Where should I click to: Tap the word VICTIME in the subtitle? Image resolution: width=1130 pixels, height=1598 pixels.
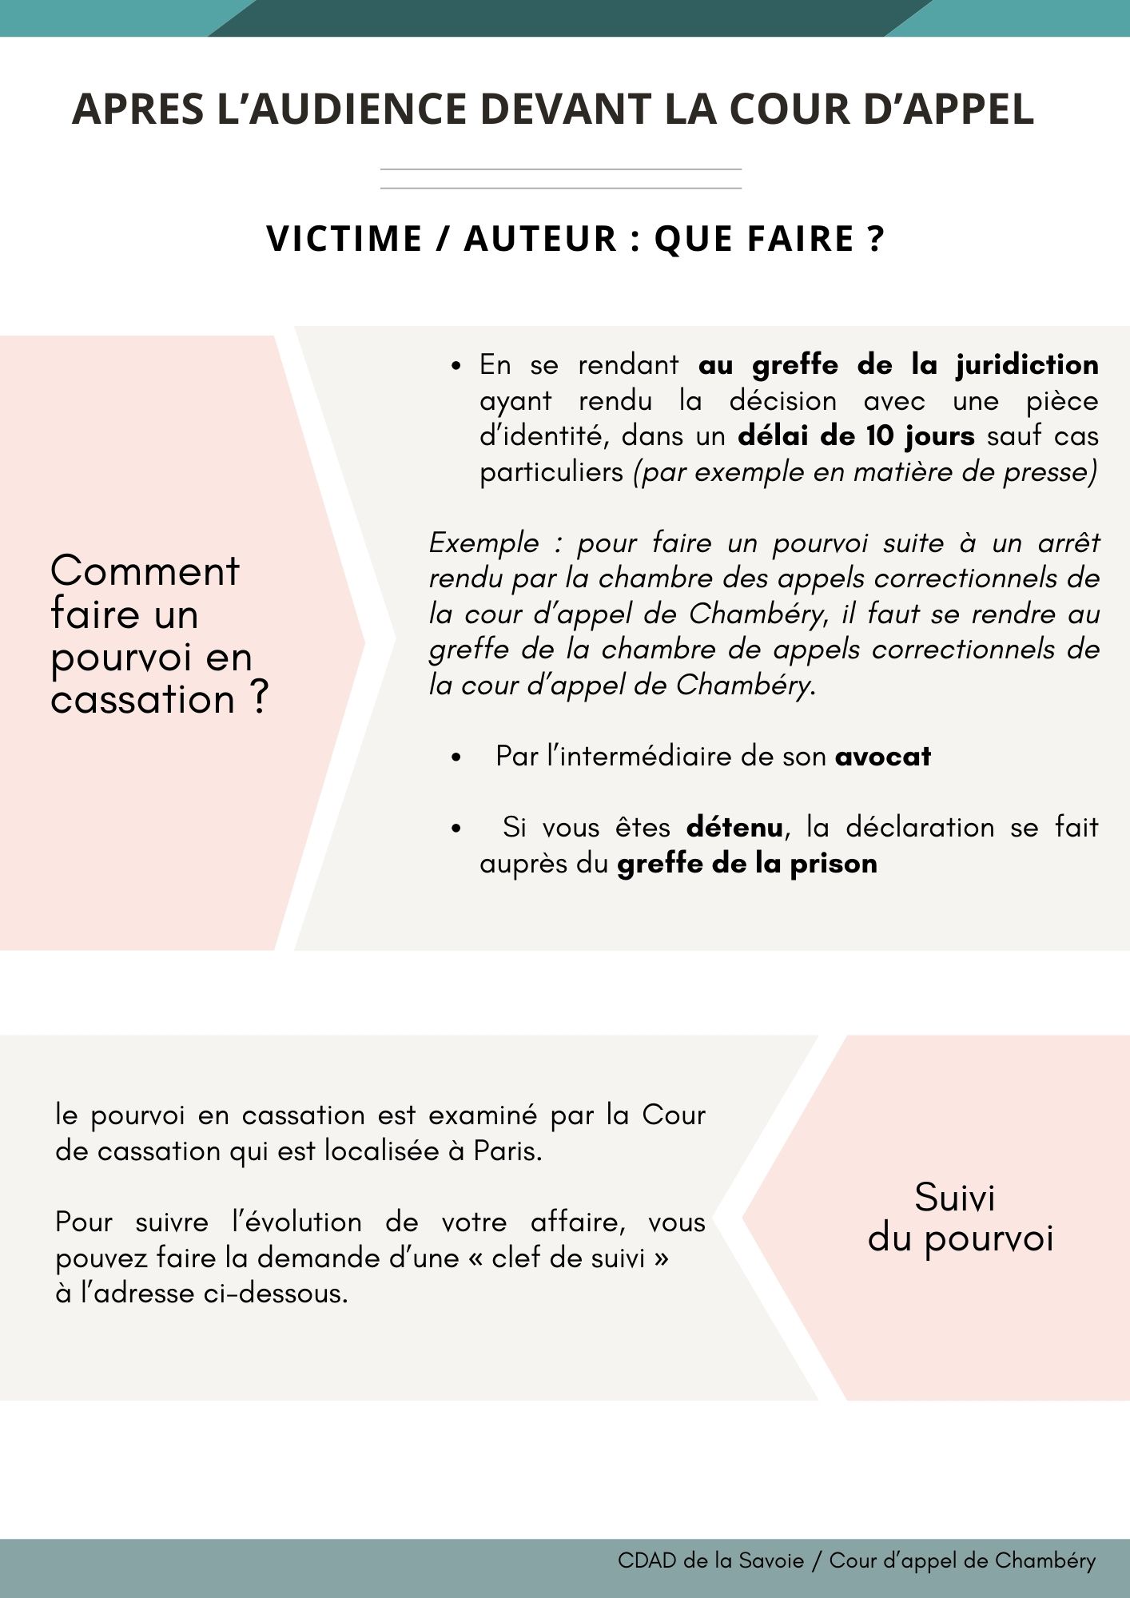pos(344,239)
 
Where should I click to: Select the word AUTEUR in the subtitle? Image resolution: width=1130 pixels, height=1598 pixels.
pos(541,239)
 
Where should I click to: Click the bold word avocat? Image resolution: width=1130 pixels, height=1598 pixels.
pos(883,756)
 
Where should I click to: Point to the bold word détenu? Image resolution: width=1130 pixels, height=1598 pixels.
pos(734,827)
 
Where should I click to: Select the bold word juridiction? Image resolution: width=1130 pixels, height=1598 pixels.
pos(1027,365)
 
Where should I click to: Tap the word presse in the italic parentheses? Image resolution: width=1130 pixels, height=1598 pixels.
pos(1049,471)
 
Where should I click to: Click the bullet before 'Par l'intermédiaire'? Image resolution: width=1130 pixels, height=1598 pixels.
pos(456,757)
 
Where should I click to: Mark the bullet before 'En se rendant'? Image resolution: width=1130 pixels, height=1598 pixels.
pos(456,367)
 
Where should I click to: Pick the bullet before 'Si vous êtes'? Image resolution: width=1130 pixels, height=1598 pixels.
pos(456,829)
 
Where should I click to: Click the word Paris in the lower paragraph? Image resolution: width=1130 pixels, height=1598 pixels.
pos(507,1151)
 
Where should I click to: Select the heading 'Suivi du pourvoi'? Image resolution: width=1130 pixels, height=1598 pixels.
pos(960,1218)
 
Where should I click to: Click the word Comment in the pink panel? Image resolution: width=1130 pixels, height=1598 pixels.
pos(145,571)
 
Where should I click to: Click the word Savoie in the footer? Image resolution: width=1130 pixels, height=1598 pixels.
pos(771,1560)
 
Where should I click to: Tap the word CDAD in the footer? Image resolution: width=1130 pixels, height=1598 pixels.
pos(647,1560)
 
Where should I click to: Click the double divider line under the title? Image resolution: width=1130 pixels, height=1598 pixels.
pos(561,179)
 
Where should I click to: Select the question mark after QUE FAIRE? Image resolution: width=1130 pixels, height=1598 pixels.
pos(875,239)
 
